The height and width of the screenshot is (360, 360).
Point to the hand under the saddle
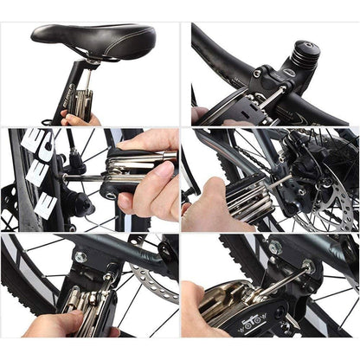[83, 118]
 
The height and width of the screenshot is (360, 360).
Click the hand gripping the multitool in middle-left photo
[151, 182]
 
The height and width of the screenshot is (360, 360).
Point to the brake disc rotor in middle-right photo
[333, 186]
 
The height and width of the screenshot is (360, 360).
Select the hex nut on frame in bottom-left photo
[80, 257]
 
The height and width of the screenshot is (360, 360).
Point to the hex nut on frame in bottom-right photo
[274, 248]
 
